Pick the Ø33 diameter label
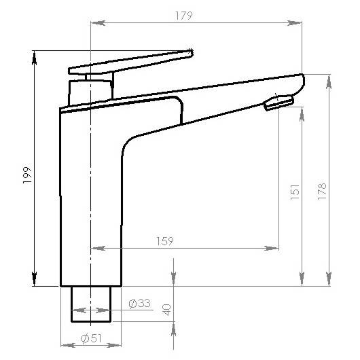139,303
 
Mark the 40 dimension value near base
166,310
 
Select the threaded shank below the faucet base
91,304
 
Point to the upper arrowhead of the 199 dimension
35,56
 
